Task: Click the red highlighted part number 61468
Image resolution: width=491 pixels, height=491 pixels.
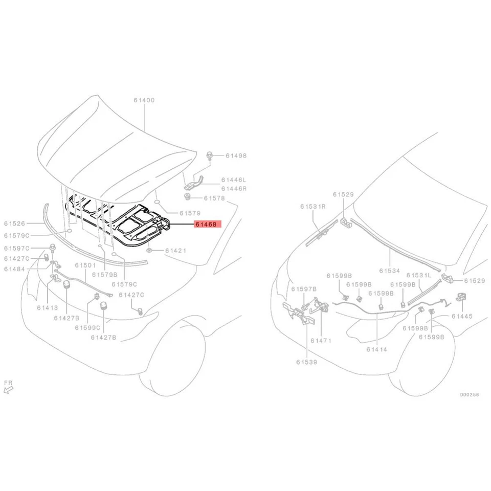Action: tap(205, 224)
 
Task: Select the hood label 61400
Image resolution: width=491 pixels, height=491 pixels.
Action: tap(144, 100)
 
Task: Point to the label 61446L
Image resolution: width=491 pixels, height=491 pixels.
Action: tap(234, 180)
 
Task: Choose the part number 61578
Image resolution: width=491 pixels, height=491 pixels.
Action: tap(214, 198)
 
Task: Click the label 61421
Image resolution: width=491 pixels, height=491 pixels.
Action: tap(175, 251)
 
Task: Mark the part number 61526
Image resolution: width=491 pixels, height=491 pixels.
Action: tap(15, 223)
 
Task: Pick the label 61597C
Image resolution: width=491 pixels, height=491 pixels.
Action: tap(16, 248)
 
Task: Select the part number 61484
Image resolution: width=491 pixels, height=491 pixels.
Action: tap(15, 269)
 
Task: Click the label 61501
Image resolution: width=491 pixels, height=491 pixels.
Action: tap(85, 265)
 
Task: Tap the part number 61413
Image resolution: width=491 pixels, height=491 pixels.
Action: tap(47, 308)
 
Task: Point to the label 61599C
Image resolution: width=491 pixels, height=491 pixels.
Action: tap(86, 327)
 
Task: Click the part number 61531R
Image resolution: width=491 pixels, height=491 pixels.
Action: tap(313, 207)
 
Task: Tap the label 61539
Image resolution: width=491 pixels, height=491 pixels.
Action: tap(306, 362)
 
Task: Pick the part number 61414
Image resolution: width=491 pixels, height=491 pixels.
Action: tap(377, 349)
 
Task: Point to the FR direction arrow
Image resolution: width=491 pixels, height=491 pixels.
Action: tap(8, 388)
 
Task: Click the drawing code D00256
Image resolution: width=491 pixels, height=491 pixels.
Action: tap(468, 394)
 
